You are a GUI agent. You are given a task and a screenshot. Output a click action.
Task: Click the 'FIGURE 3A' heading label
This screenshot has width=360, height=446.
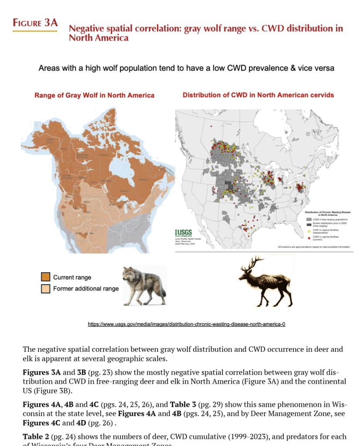point(35,23)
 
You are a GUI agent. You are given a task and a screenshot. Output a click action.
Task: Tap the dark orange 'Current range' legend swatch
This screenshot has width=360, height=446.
point(45,277)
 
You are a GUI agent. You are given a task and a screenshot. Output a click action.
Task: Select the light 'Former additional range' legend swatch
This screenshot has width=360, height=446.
point(45,288)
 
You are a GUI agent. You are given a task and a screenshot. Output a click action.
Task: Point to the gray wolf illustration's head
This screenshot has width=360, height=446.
point(129,274)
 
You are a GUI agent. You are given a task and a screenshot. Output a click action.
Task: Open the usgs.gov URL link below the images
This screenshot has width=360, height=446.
point(187,324)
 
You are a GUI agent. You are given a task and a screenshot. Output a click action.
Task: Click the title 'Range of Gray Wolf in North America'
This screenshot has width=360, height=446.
point(94,95)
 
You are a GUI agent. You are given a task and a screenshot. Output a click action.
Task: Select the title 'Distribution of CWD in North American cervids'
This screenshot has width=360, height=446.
point(258,95)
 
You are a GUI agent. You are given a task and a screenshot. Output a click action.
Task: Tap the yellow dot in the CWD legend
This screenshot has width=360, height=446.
point(308,231)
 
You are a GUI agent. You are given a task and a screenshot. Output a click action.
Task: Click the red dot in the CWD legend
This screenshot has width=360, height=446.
point(308,237)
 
